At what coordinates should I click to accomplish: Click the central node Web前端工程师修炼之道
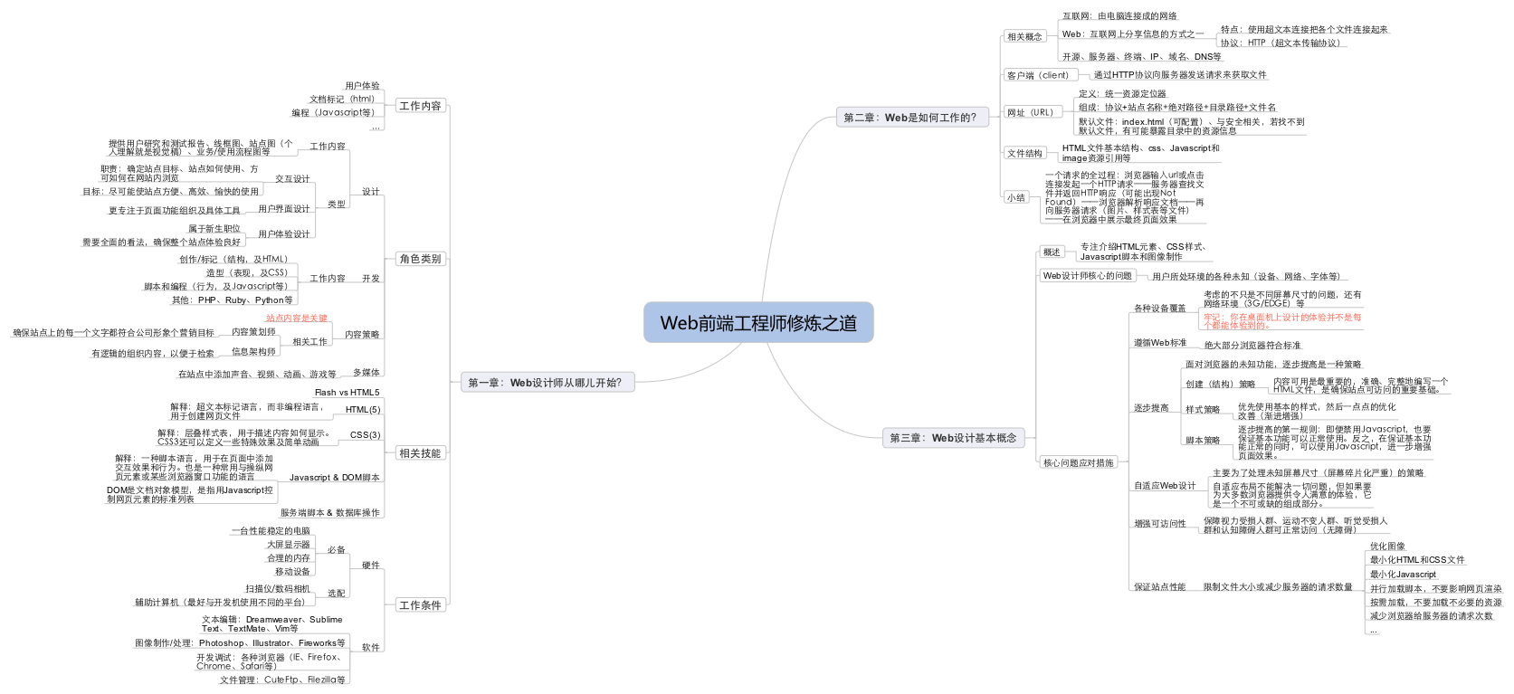pyautogui.click(x=758, y=323)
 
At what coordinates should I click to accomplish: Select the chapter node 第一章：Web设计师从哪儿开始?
pyautogui.click(x=546, y=383)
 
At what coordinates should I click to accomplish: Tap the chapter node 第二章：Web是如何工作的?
pyautogui.click(x=910, y=118)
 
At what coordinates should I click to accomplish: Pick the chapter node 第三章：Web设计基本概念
pyautogui.click(x=953, y=438)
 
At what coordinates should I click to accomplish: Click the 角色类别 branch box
pyautogui.click(x=420, y=259)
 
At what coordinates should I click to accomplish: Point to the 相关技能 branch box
pyautogui.click(x=420, y=453)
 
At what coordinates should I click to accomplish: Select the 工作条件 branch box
pyautogui.click(x=420, y=605)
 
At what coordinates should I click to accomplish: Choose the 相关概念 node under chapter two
pyautogui.click(x=1024, y=37)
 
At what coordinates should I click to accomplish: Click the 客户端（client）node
pyautogui.click(x=1038, y=75)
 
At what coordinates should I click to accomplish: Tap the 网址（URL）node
pyautogui.click(x=1031, y=113)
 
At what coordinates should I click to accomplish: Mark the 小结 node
pyautogui.click(x=1016, y=197)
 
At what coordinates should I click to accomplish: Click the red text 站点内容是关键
pyautogui.click(x=297, y=318)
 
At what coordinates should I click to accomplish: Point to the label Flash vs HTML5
pyautogui.click(x=348, y=393)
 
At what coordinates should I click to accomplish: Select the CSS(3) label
pyautogui.click(x=365, y=435)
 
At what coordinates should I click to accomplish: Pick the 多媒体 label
pyautogui.click(x=367, y=373)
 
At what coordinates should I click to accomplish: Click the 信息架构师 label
pyautogui.click(x=253, y=352)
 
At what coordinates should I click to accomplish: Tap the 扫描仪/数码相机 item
pyautogui.click(x=278, y=589)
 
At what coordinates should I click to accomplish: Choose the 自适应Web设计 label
pyautogui.click(x=1165, y=486)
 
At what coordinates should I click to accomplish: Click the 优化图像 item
pyautogui.click(x=1387, y=547)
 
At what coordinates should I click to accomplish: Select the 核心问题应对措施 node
pyautogui.click(x=1079, y=463)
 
